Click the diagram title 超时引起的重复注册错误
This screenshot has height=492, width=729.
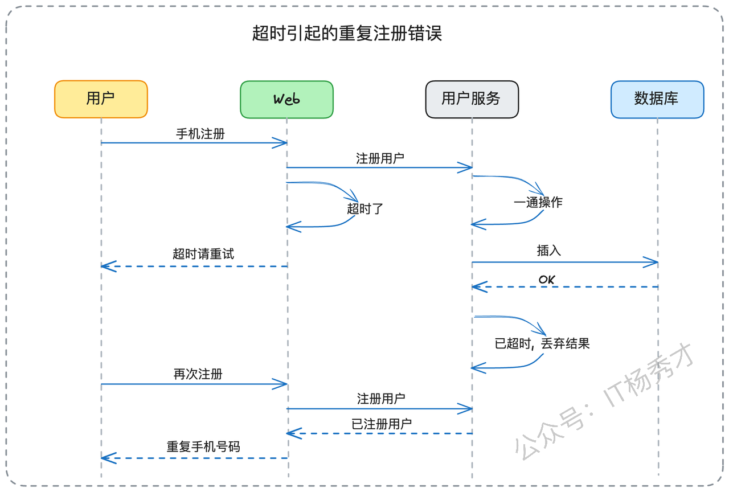[x=347, y=33]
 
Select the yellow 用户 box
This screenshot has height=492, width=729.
[x=101, y=99]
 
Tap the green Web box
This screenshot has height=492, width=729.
[x=286, y=100]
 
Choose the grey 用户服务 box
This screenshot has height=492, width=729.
[x=472, y=99]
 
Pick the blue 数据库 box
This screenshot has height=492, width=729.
[x=657, y=100]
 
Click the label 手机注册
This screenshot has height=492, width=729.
[x=200, y=134]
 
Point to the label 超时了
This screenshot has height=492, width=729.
[x=365, y=208]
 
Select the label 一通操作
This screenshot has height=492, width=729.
[x=538, y=202]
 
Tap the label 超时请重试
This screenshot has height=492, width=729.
[x=203, y=254]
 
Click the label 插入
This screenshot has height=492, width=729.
[x=548, y=251]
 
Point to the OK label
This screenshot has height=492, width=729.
[x=547, y=280]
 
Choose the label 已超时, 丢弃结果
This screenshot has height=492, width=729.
[x=542, y=343]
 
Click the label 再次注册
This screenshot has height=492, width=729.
[x=198, y=374]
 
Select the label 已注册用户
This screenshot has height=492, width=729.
[x=382, y=424]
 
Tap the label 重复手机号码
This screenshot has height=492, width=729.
[x=203, y=446]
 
